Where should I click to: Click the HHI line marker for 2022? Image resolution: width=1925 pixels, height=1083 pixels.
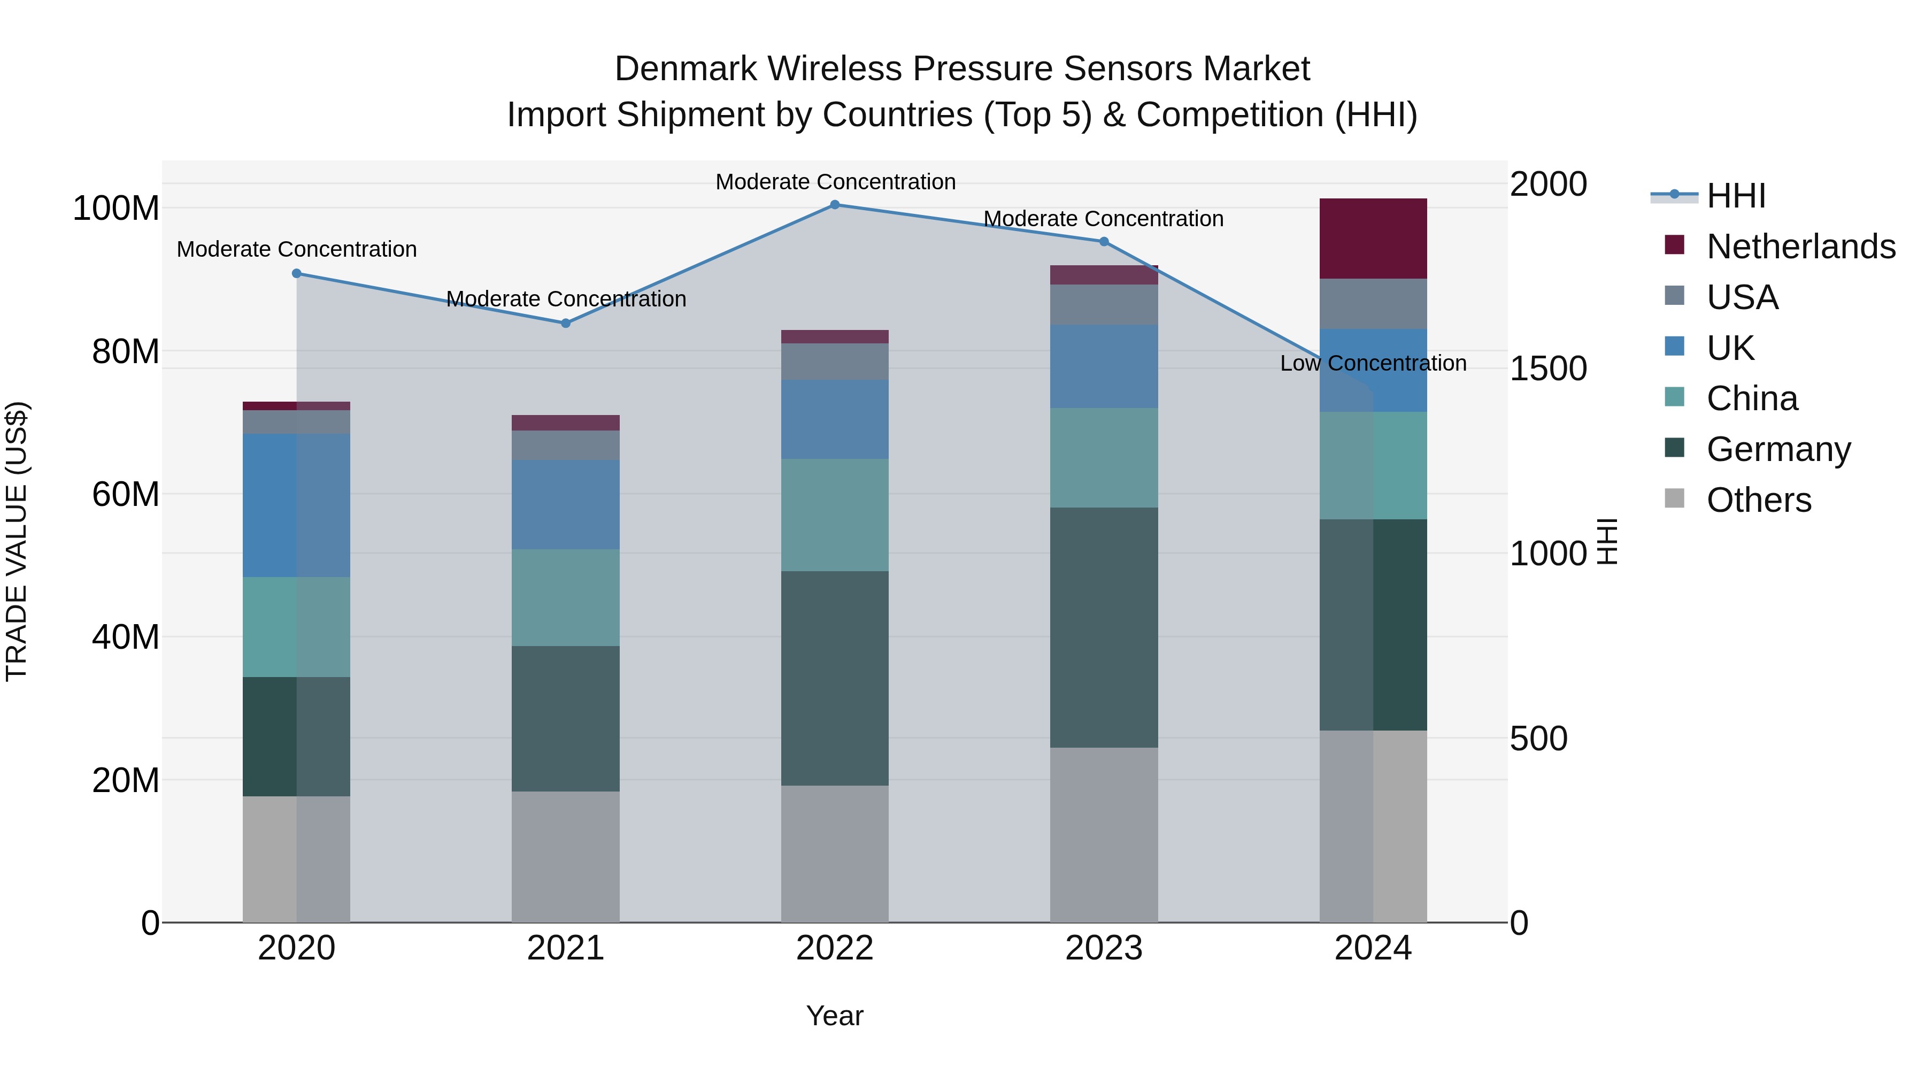coord(835,205)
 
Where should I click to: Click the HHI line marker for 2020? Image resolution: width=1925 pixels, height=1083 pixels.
coord(297,273)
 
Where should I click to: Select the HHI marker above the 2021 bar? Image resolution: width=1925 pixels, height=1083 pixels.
coord(566,324)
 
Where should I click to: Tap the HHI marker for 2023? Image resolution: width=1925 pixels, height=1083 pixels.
coord(1104,241)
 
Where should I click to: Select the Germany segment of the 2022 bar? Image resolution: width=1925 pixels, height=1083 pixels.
coord(835,678)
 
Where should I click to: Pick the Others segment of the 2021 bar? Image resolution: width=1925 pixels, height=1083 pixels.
coord(566,857)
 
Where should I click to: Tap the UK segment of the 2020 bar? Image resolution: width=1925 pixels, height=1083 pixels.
coord(297,505)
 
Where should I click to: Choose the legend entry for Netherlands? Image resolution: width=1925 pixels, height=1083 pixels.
coord(1800,247)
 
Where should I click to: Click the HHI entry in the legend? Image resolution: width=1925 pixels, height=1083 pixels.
coord(1735,196)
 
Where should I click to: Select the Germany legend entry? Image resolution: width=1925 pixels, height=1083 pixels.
coord(1778,449)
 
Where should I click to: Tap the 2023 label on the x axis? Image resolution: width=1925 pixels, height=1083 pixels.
coord(1104,948)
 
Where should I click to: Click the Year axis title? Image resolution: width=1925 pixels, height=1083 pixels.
coord(835,1016)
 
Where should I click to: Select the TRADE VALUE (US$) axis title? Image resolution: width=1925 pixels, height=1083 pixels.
coord(17,541)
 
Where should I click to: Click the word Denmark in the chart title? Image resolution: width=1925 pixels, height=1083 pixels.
coord(686,69)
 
